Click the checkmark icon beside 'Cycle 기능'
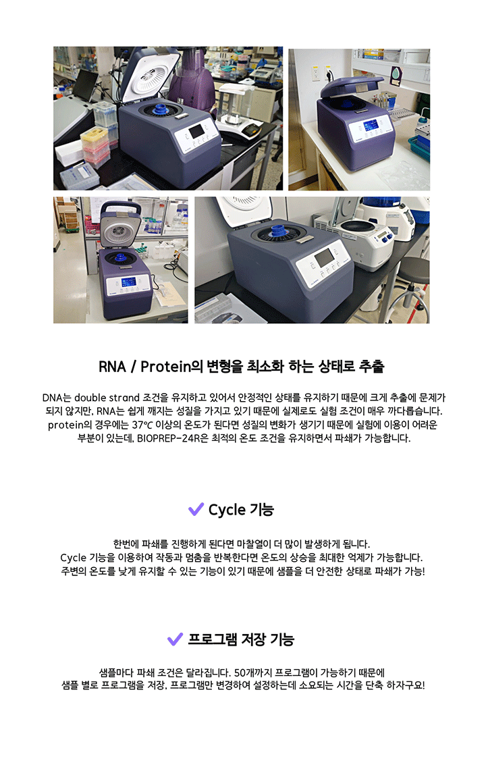(x=196, y=508)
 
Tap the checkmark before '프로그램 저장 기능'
(x=175, y=639)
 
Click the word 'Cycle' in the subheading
(x=227, y=510)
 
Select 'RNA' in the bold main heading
(x=112, y=367)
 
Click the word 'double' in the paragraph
(x=90, y=398)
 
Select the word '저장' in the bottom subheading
(x=253, y=639)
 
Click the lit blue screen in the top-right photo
(x=371, y=127)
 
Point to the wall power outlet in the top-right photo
(x=316, y=74)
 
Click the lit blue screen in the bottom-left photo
(x=128, y=283)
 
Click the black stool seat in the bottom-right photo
(x=415, y=269)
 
